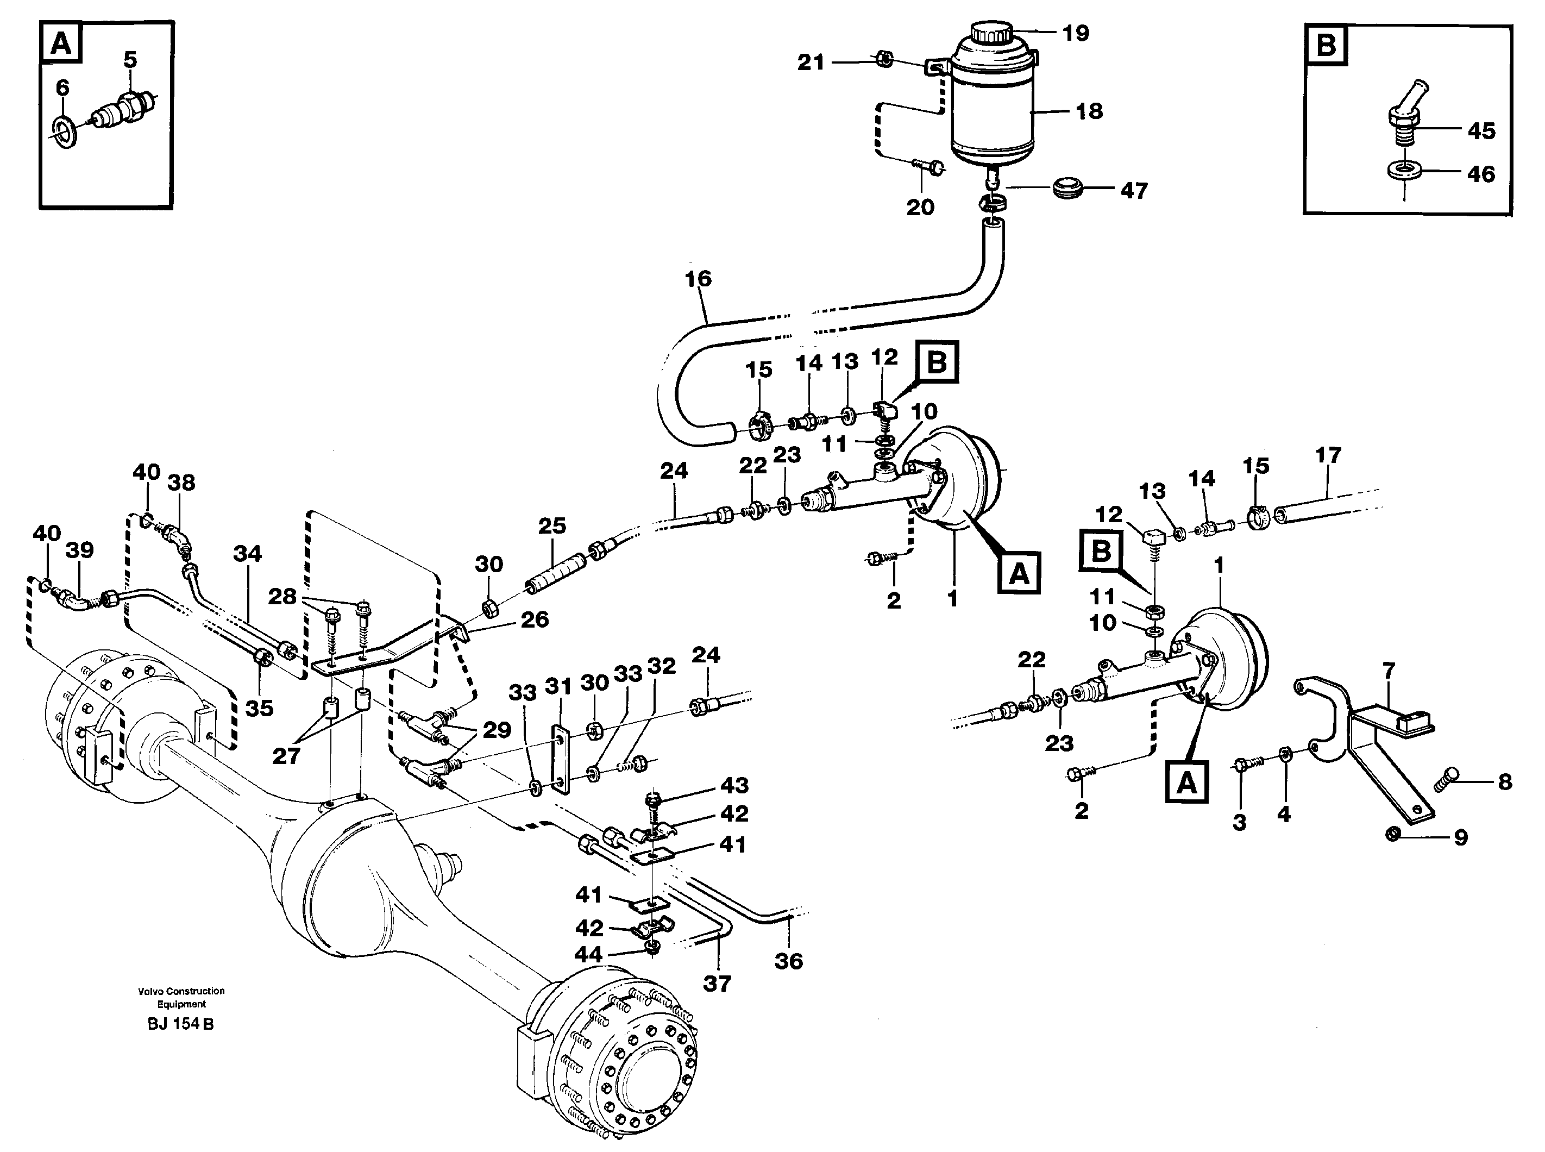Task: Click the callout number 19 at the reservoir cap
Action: (1075, 33)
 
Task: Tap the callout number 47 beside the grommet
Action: (1134, 191)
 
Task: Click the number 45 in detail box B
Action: (1481, 130)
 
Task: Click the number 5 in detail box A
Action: (130, 60)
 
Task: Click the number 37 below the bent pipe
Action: (716, 984)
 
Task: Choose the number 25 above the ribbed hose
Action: (551, 526)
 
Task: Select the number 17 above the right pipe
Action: (1328, 455)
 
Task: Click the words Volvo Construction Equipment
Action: (181, 997)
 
